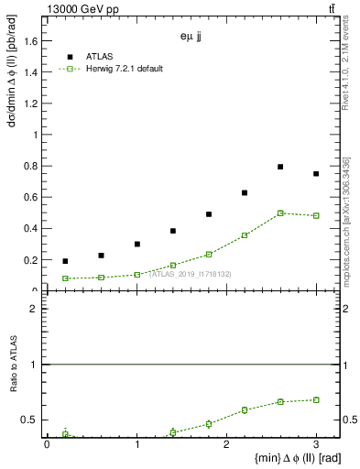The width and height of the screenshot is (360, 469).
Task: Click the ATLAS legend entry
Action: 99,56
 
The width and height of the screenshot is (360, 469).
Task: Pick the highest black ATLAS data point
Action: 280,167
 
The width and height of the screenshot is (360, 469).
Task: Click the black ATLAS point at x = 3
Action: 316,174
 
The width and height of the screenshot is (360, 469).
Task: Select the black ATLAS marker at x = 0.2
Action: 65,261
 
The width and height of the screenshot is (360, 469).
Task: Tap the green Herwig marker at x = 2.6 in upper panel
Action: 280,213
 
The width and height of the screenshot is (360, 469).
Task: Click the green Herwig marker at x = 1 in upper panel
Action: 136,274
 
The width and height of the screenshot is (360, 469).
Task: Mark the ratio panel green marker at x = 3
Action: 316,399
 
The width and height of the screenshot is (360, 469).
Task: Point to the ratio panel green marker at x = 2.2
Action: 245,409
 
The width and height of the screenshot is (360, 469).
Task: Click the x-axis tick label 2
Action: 226,444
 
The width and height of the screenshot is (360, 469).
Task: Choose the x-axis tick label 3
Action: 316,444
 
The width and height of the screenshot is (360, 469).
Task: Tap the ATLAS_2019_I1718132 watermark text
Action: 191,274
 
